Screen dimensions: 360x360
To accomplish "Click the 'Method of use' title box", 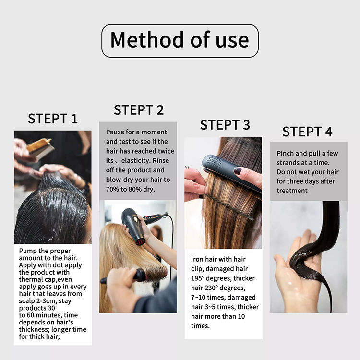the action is click(180, 41).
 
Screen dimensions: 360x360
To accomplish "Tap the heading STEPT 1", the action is click(53, 119).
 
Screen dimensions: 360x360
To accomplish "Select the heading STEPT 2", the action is click(139, 110).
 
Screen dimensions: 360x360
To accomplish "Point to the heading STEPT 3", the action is click(225, 125).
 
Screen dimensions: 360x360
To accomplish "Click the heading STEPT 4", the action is click(307, 132).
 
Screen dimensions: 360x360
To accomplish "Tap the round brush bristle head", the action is click(156, 273).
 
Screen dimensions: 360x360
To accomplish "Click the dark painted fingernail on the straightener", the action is click(238, 170).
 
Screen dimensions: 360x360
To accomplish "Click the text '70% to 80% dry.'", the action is click(131, 189).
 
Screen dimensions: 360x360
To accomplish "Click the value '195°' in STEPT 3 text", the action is click(198, 278).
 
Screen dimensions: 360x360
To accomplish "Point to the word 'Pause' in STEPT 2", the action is click(115, 132).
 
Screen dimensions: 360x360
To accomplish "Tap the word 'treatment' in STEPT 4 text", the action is click(292, 191).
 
